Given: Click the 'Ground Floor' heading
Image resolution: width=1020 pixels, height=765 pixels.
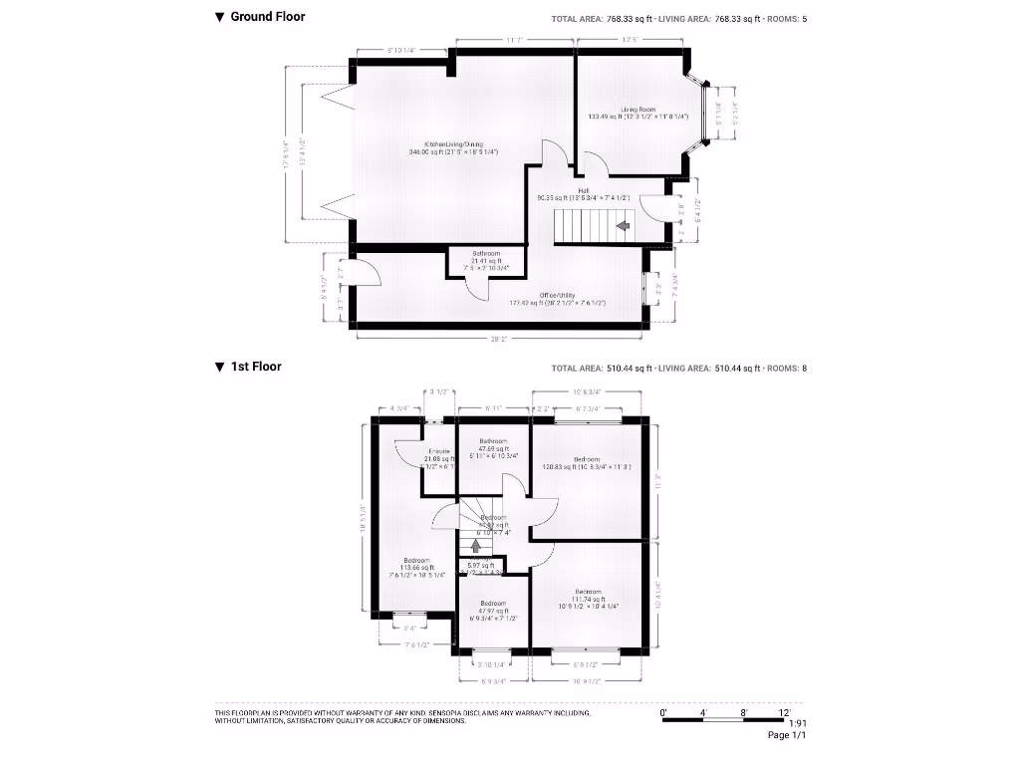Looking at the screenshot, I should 267,17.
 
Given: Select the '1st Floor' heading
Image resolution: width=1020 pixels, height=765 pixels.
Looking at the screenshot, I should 255,367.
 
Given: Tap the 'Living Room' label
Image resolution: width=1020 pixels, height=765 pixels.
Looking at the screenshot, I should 638,110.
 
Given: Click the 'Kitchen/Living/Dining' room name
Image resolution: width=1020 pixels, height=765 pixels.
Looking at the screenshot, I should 453,143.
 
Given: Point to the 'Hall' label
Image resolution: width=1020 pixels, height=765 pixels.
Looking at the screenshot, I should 583,190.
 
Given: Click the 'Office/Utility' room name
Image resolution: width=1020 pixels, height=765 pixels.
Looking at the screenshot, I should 558,295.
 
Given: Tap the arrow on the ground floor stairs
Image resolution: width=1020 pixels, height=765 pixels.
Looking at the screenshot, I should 623,227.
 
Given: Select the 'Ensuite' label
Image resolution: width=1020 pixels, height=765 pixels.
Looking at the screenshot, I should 439,451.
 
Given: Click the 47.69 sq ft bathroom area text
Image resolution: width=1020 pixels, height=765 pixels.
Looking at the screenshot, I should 493,449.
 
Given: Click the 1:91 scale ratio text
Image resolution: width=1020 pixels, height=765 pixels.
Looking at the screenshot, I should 796,724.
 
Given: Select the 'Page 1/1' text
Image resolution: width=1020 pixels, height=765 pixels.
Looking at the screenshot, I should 786,736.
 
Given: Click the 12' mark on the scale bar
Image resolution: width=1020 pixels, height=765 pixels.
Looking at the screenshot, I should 785,713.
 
